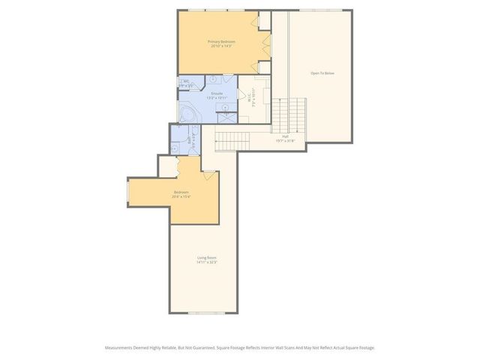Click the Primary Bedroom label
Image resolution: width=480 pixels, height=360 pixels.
[221, 41]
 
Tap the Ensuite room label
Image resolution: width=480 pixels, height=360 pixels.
[216, 93]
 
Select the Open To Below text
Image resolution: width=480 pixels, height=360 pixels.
[323, 73]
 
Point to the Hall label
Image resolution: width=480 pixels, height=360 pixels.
[286, 136]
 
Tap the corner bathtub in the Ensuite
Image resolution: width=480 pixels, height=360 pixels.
[188, 114]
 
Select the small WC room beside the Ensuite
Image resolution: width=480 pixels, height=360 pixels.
[186, 85]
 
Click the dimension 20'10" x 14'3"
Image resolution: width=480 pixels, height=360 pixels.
[221, 46]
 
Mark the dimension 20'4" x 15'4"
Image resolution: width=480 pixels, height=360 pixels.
[181, 196]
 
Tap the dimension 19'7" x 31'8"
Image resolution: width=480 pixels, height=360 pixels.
[286, 140]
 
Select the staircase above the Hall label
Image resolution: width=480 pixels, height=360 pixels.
[289, 115]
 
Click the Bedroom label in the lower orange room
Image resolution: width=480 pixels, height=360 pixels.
[181, 192]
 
